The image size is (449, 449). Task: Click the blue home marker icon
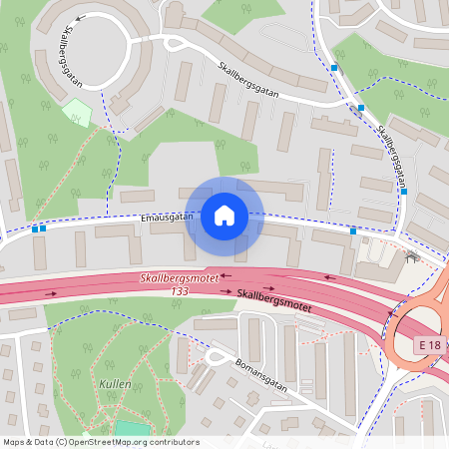(224, 216)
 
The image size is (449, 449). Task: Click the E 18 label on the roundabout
(430, 344)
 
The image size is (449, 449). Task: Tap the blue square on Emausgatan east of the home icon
(353, 231)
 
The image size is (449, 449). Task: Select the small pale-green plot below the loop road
(77, 111)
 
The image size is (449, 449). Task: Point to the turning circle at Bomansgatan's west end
(214, 356)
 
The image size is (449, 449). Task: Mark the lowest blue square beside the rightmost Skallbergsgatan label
(403, 191)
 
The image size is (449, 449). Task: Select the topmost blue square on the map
(334, 68)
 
